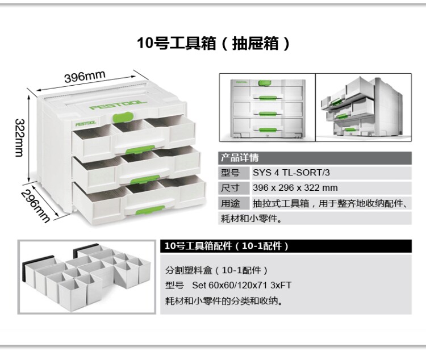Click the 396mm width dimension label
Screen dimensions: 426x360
[85, 76]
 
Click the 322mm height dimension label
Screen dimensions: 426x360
[19, 139]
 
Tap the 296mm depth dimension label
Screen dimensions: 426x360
[36, 204]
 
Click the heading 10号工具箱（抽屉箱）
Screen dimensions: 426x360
[213, 44]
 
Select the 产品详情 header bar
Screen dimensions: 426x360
[315, 158]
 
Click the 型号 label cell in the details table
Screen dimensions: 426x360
[230, 173]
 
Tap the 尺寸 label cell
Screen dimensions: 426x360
[230, 188]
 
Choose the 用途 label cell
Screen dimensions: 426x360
[230, 203]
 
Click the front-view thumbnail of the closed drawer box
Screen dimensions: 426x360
[266, 107]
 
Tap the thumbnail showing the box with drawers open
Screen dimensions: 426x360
[364, 107]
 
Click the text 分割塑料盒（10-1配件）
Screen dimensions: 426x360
[216, 270]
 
